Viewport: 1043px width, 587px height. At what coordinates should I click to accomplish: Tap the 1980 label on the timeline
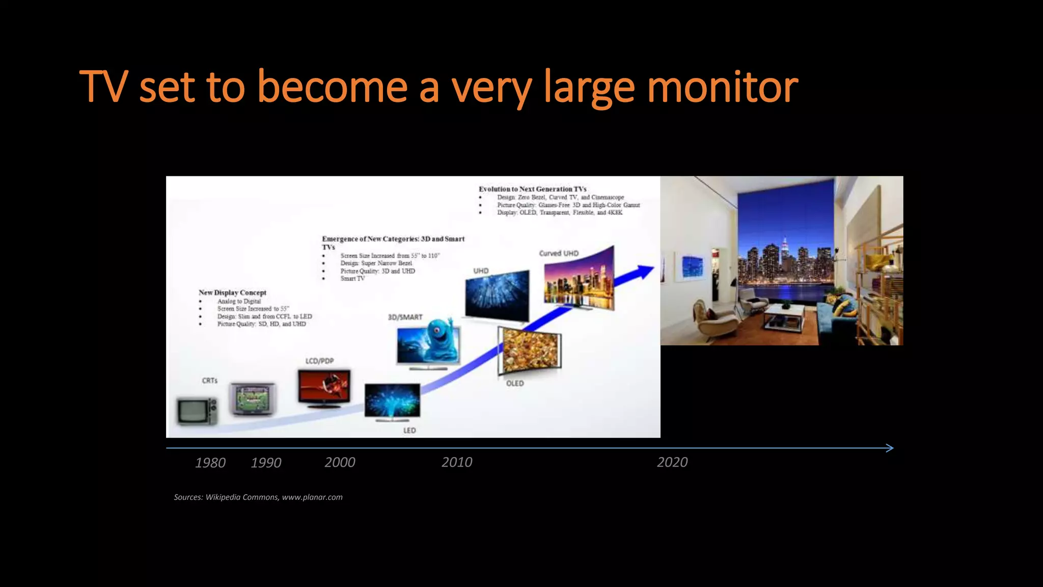coord(210,463)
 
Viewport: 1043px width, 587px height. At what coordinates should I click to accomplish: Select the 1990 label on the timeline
coord(266,463)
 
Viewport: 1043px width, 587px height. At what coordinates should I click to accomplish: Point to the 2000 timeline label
coord(340,462)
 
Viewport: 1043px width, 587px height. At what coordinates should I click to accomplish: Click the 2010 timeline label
coord(457,462)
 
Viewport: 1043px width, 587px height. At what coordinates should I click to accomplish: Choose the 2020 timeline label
coord(672,462)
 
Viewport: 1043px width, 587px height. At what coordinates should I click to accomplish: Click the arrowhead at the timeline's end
coord(889,448)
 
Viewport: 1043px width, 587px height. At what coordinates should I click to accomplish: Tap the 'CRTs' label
coord(210,381)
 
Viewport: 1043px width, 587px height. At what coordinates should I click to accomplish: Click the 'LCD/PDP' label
coord(320,361)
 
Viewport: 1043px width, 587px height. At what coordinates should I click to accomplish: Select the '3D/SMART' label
coord(405,317)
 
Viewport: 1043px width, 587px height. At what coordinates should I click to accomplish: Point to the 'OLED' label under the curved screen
coord(515,383)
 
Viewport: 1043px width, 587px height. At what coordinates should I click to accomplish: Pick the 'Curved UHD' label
coord(559,253)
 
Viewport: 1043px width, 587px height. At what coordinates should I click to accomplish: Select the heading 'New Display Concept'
coord(232,292)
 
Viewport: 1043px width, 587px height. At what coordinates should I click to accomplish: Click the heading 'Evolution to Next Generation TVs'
coord(532,189)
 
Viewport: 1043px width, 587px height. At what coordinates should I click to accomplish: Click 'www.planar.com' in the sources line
coord(312,497)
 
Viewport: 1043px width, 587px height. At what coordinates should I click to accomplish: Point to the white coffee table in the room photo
coord(784,316)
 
